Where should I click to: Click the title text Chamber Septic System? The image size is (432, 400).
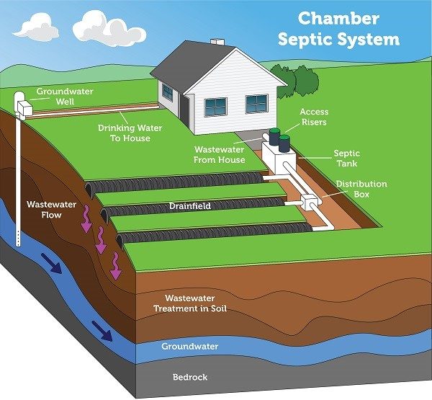coord(338,29)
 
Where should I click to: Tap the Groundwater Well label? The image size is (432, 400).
coord(65,97)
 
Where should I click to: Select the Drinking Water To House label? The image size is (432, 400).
coord(130,133)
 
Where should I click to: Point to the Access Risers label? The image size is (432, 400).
coord(314,117)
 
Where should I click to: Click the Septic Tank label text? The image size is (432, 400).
coord(346,159)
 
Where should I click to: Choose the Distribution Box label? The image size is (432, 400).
coord(361,189)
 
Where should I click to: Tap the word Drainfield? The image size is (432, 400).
coord(190,206)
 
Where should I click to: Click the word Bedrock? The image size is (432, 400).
coord(190,377)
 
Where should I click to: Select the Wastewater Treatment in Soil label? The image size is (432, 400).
coord(190,303)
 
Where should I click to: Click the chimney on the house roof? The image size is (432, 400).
coord(217,42)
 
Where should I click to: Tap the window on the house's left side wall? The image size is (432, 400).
coord(167,92)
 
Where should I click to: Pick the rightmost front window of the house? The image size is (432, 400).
coord(256,104)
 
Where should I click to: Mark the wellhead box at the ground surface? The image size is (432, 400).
coord(24,107)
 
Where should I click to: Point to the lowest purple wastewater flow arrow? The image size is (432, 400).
coord(116,265)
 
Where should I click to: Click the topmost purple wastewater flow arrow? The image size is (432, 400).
coord(86,219)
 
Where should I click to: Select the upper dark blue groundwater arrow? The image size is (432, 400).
coord(52,263)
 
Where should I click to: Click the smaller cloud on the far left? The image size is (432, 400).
coord(37,27)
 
